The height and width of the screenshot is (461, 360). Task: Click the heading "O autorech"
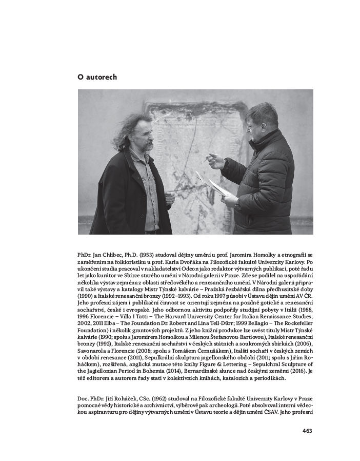[97, 78]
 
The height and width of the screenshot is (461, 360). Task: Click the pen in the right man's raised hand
[207, 160]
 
